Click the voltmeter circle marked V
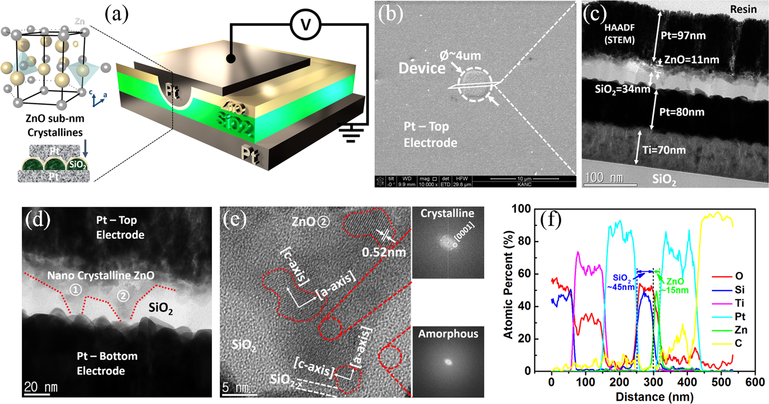(x=305, y=24)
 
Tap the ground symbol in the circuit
(x=351, y=134)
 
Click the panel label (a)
(x=116, y=15)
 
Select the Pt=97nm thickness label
(x=683, y=36)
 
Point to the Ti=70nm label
(x=664, y=150)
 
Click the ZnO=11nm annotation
(x=692, y=60)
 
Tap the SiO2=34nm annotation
(x=622, y=90)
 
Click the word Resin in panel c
(x=743, y=10)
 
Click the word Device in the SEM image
(x=422, y=68)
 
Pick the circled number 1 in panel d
(x=75, y=289)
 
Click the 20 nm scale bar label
(x=40, y=387)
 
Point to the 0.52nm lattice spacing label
(x=384, y=252)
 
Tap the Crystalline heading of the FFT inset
(x=447, y=213)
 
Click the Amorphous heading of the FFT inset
(x=448, y=334)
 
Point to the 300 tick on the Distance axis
(x=653, y=382)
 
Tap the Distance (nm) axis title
(x=655, y=397)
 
